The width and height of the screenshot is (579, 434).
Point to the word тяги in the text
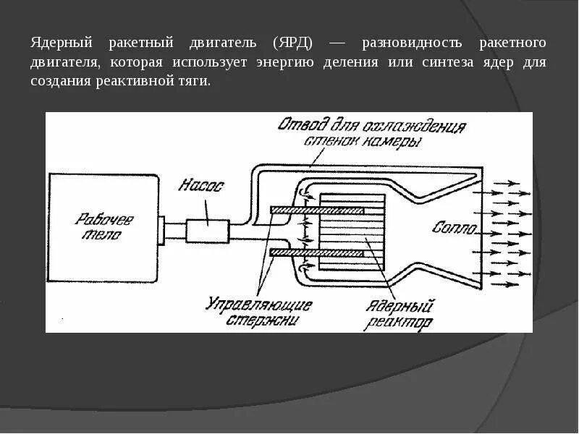pyautogui.click(x=195, y=81)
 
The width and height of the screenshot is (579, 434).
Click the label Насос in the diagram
pyautogui.click(x=202, y=187)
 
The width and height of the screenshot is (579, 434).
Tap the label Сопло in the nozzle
pyautogui.click(x=454, y=229)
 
